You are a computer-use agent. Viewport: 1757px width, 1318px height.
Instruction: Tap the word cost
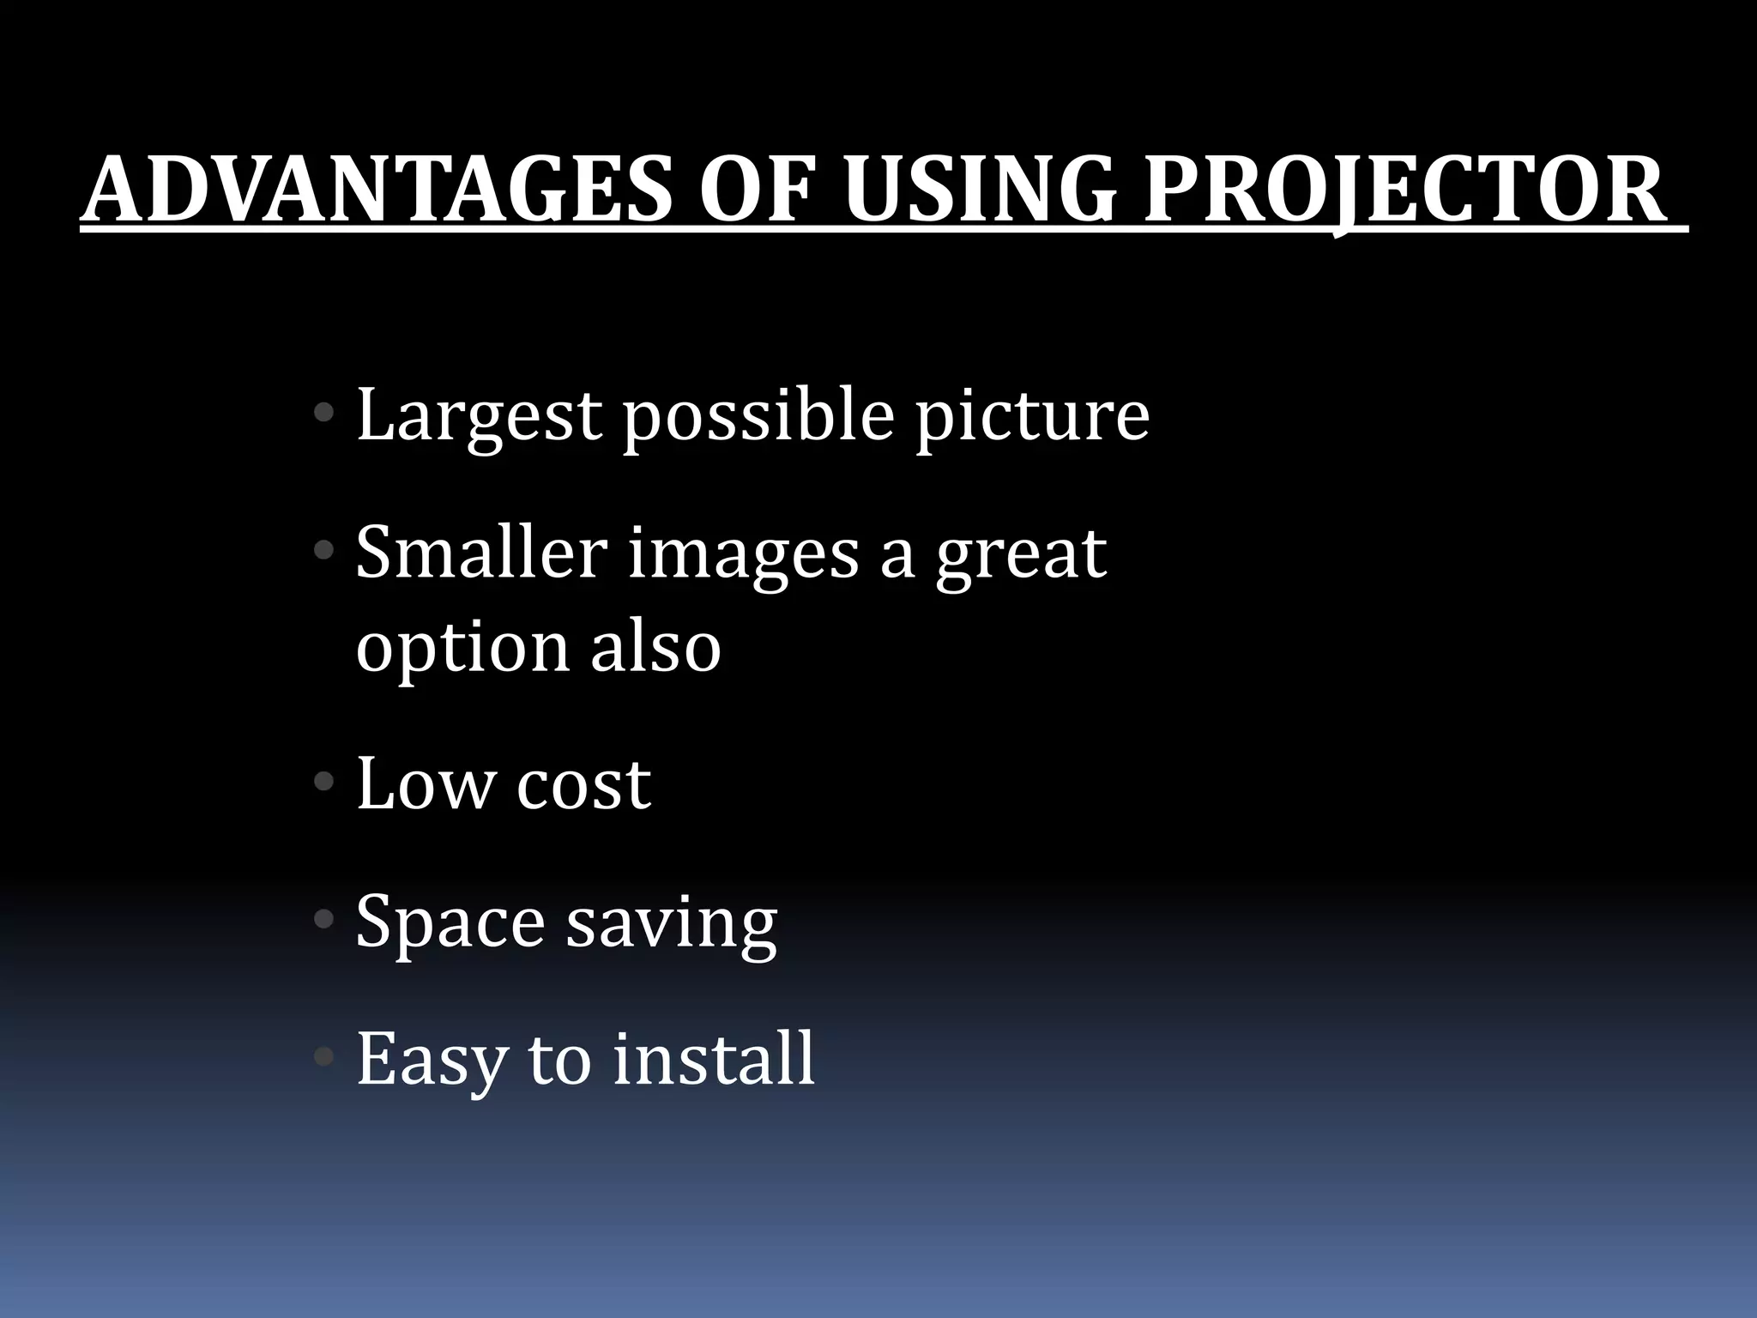[583, 786]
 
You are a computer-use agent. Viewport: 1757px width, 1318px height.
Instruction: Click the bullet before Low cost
[324, 782]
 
